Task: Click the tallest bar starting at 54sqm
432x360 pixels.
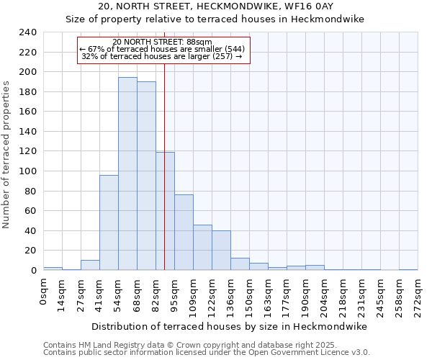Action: pyautogui.click(x=127, y=174)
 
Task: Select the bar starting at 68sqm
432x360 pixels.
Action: pyautogui.click(x=146, y=176)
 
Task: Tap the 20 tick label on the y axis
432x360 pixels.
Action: pyautogui.click(x=30, y=251)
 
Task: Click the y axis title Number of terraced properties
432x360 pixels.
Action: pyautogui.click(x=6, y=154)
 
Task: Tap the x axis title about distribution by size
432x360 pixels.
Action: pyautogui.click(x=230, y=326)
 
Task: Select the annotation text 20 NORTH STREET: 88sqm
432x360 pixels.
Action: pyautogui.click(x=163, y=42)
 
